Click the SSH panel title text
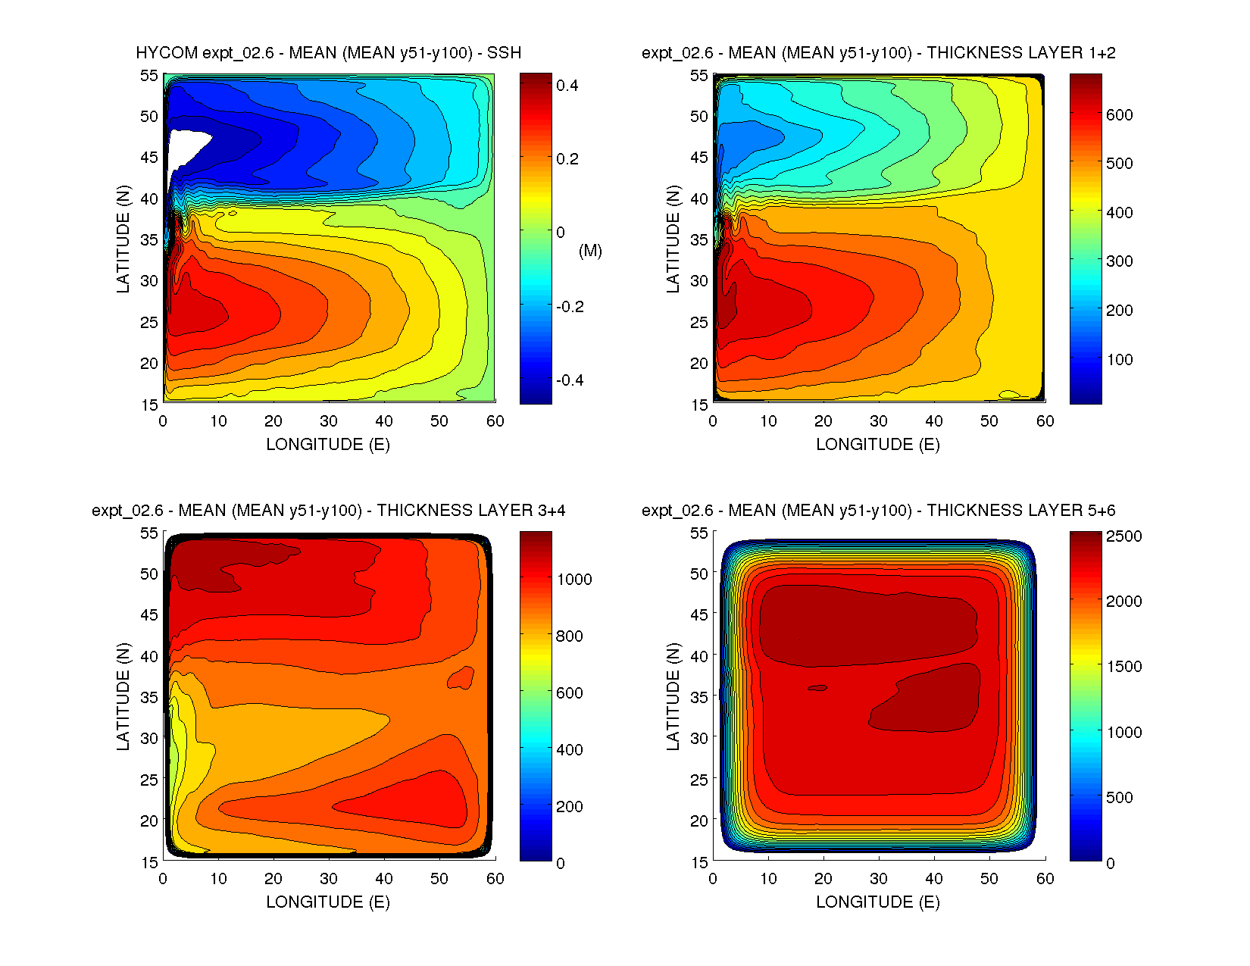pyautogui.click(x=328, y=53)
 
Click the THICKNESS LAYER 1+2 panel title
pyautogui.click(x=878, y=53)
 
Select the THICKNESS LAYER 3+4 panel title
pyautogui.click(x=328, y=511)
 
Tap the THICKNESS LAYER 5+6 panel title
pyautogui.click(x=878, y=511)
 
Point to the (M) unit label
pyautogui.click(x=590, y=251)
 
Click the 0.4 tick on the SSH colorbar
pyautogui.click(x=567, y=86)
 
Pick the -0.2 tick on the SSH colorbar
pyautogui.click(x=570, y=307)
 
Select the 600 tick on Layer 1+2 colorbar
pyautogui.click(x=1119, y=115)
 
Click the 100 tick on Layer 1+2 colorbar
pyautogui.click(x=1119, y=360)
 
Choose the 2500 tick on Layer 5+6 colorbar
pyautogui.click(x=1123, y=536)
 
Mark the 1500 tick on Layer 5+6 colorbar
pyautogui.click(x=1123, y=667)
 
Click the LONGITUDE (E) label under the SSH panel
pyautogui.click(x=328, y=445)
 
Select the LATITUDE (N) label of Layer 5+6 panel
pyautogui.click(x=673, y=697)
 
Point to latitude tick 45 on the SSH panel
pyautogui.click(x=149, y=158)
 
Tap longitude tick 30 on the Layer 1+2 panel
pyautogui.click(x=878, y=421)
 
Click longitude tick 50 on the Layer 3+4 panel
pyautogui.click(x=439, y=879)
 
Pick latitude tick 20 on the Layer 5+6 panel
pyautogui.click(x=698, y=821)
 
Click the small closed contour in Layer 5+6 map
pyautogui.click(x=817, y=688)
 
